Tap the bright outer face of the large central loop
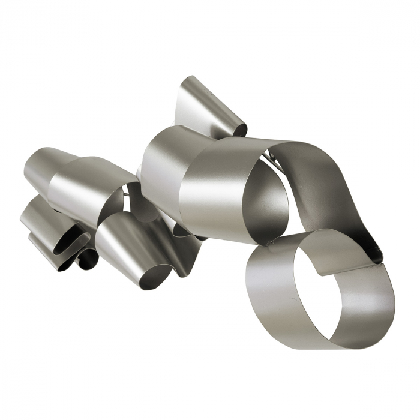coord(216,192)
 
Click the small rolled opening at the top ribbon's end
coord(239,128)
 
